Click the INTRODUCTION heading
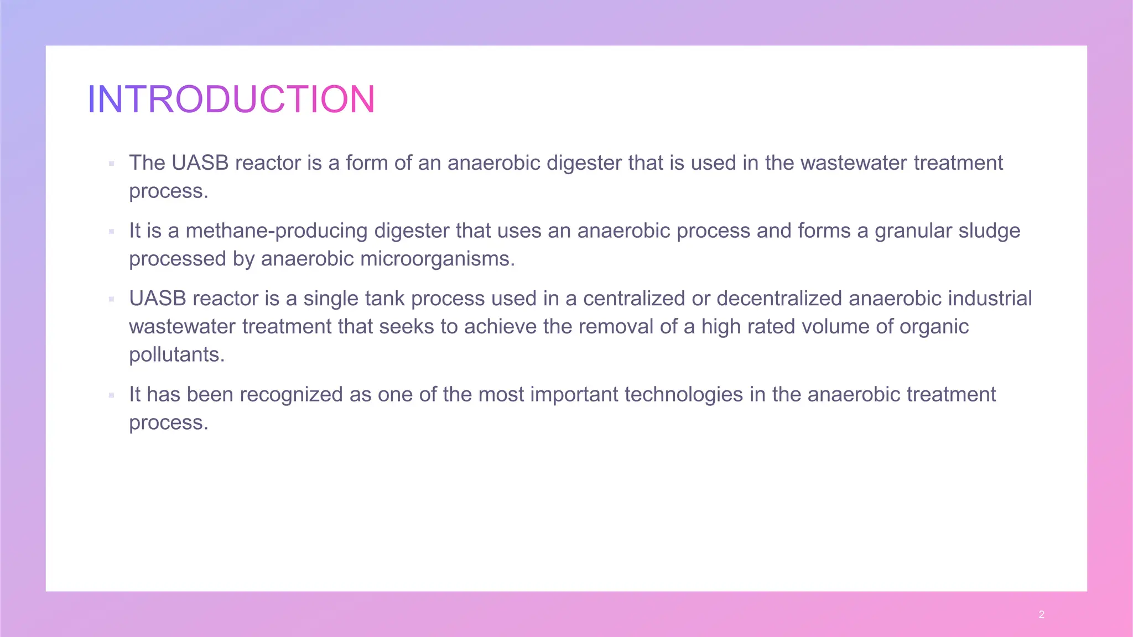click(231, 100)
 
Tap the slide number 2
click(1041, 614)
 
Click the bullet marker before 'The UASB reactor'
click(112, 164)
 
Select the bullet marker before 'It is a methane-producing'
click(112, 232)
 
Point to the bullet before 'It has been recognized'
click(112, 395)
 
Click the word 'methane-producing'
click(276, 231)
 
